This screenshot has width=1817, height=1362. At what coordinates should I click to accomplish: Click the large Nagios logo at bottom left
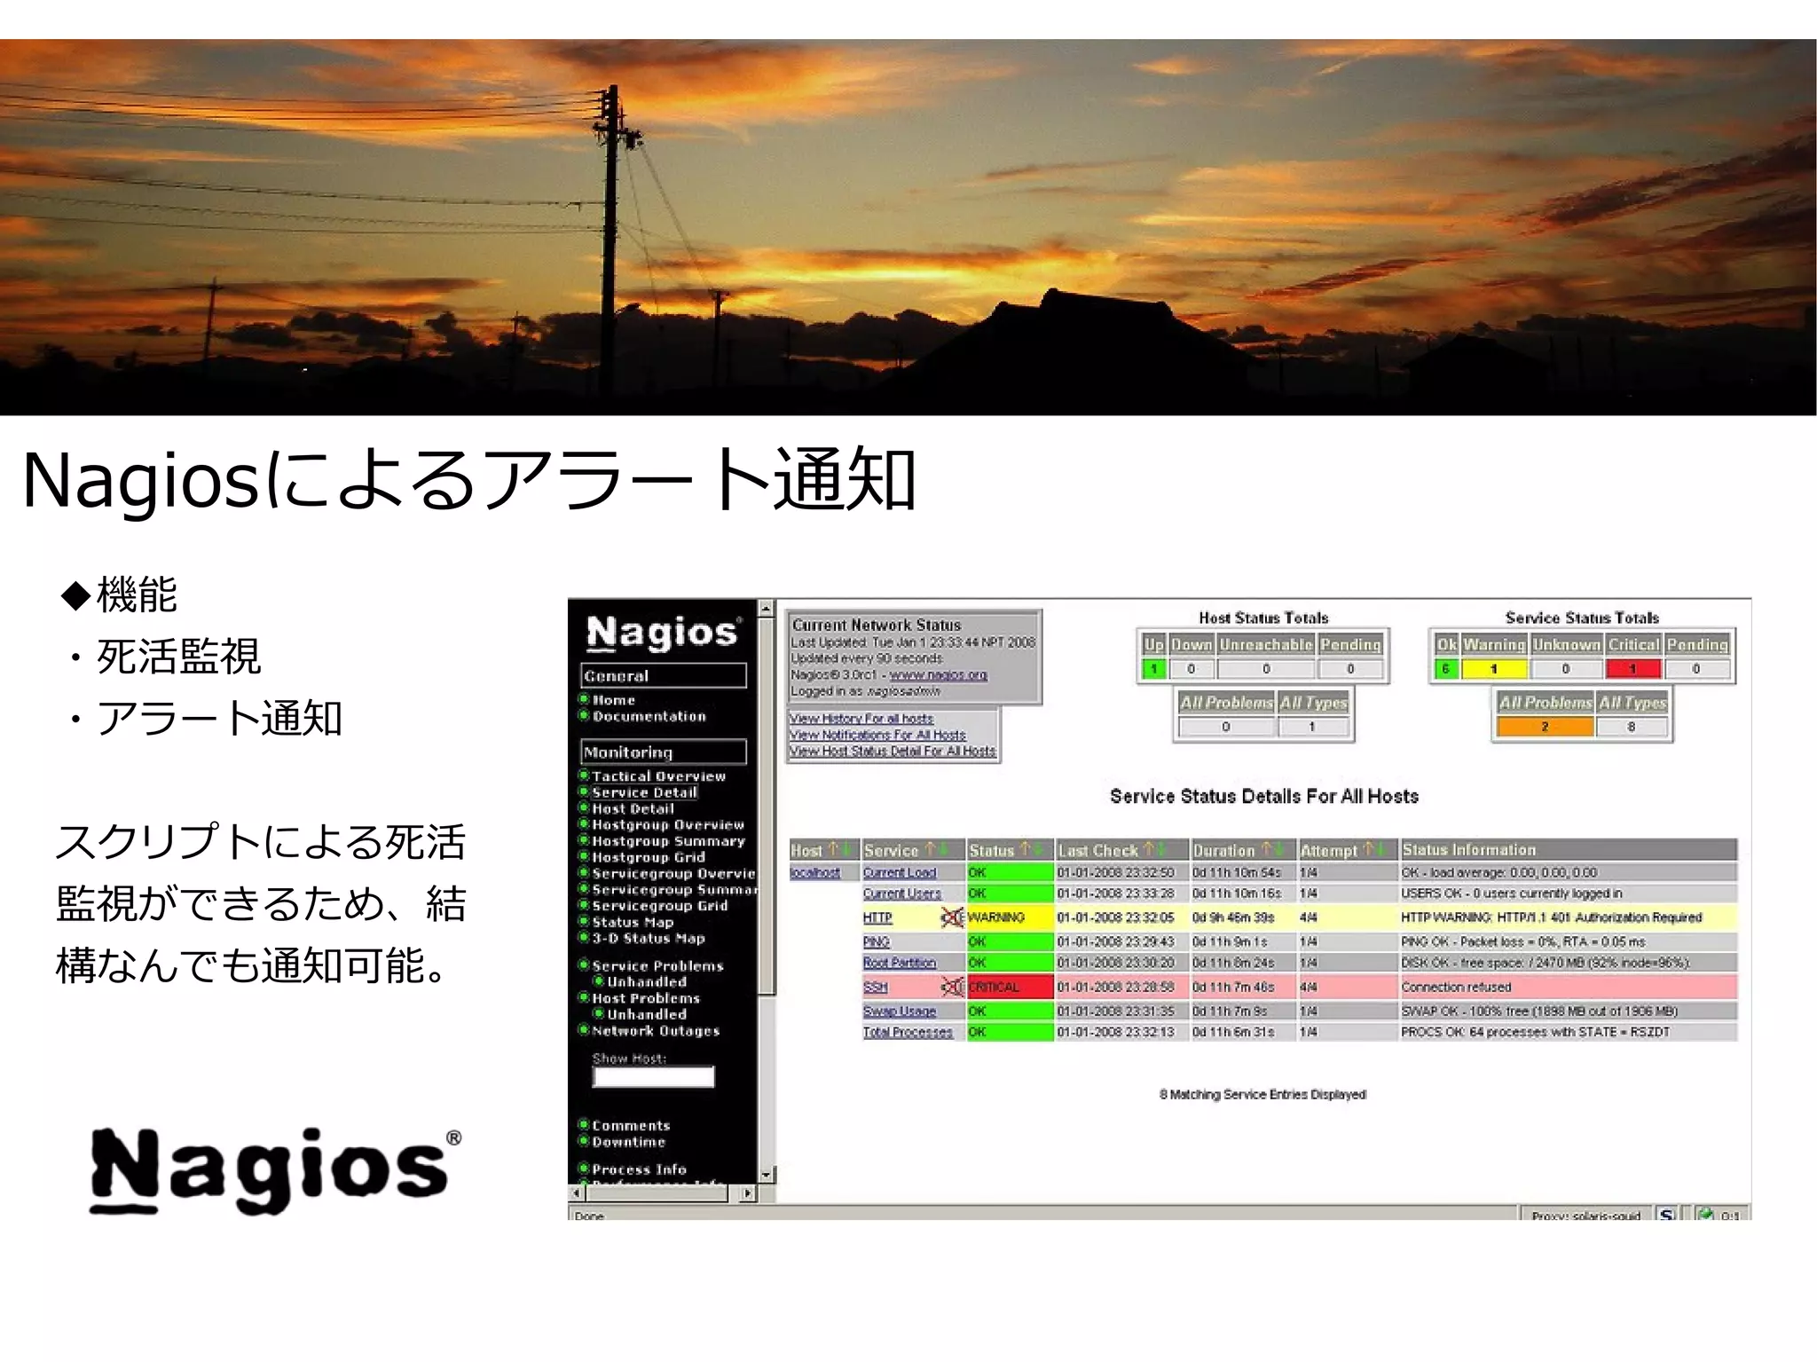pos(275,1169)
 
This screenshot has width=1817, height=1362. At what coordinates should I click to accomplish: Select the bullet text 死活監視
pos(177,657)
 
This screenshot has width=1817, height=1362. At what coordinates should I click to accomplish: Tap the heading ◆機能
pos(120,594)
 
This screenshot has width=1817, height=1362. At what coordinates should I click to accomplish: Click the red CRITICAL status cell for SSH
pos(1010,987)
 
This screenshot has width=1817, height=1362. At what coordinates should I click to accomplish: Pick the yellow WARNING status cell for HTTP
pos(1010,917)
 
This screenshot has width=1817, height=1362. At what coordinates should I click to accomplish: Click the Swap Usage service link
pos(899,1012)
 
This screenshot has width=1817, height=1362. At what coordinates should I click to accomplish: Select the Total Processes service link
pos(907,1032)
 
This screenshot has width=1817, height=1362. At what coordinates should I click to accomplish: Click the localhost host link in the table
pos(814,873)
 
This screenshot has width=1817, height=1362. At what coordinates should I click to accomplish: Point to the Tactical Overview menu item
pos(658,776)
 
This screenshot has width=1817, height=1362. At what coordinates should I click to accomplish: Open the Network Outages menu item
pos(656,1031)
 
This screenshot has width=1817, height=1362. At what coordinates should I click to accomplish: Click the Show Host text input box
pos(653,1077)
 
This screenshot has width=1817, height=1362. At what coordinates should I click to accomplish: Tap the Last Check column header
pos(1098,850)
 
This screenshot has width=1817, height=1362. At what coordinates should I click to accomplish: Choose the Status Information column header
pos(1468,850)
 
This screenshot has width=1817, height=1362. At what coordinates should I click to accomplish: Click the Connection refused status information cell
pos(1456,987)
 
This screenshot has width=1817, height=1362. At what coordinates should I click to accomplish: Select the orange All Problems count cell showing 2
pos(1545,727)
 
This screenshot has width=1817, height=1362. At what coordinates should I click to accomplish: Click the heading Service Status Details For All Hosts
pos(1263,797)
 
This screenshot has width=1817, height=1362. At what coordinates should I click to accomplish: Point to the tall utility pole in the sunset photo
pos(611,213)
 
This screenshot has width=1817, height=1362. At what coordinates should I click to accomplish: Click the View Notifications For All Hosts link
pos(877,736)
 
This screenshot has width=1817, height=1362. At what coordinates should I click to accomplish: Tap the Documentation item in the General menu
pos(649,717)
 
